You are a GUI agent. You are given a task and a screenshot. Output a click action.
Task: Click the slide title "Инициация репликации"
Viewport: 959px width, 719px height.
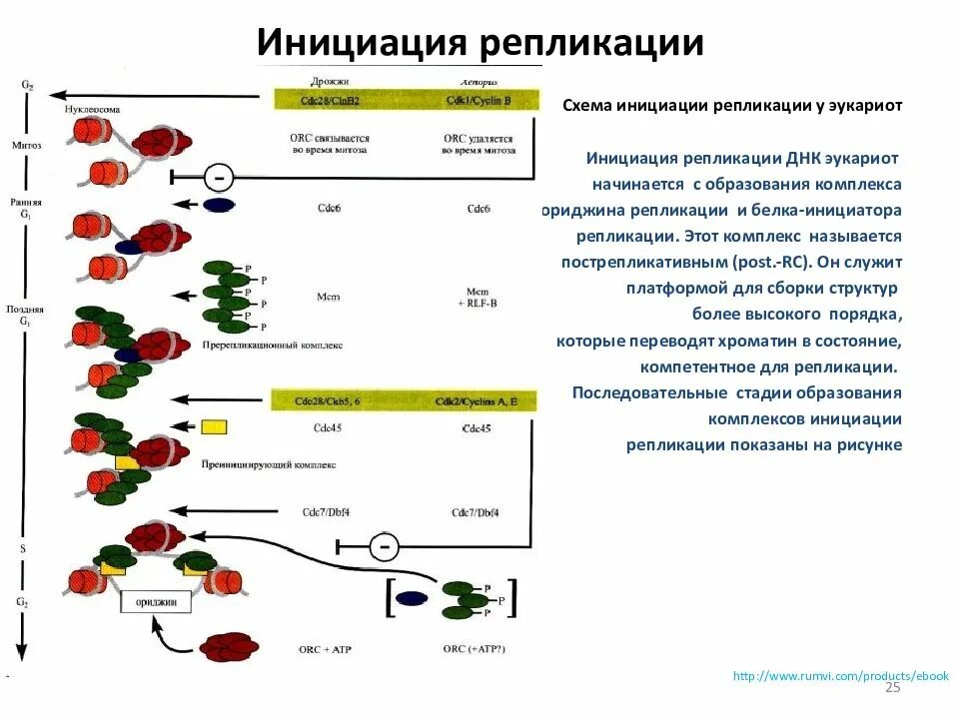pyautogui.click(x=480, y=43)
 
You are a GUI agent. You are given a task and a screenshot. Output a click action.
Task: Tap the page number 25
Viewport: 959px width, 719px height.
pyautogui.click(x=893, y=689)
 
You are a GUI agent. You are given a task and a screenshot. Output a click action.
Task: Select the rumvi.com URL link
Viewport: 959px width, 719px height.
pyautogui.click(x=840, y=676)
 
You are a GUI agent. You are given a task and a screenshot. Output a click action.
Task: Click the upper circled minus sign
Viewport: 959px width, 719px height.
pyautogui.click(x=219, y=178)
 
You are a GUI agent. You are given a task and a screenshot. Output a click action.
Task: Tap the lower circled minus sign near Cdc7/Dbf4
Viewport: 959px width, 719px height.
pyautogui.click(x=384, y=546)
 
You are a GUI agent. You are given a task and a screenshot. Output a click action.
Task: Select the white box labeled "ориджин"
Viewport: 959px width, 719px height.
pyautogui.click(x=155, y=602)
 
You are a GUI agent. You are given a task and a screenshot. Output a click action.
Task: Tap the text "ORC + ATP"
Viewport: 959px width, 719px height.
pyautogui.click(x=326, y=649)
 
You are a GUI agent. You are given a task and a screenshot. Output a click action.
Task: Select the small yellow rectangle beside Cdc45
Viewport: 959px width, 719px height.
pyautogui.click(x=214, y=427)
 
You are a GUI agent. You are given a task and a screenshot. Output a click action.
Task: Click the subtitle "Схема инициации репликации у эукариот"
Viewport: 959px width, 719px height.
pyautogui.click(x=732, y=105)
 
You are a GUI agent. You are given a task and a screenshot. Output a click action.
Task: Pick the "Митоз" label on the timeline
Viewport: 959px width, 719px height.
pyautogui.click(x=25, y=144)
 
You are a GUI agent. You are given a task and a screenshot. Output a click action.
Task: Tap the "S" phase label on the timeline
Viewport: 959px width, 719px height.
pyautogui.click(x=23, y=548)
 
